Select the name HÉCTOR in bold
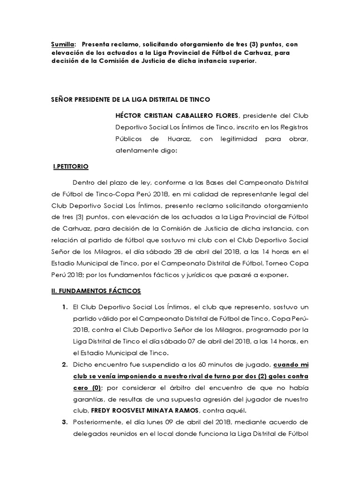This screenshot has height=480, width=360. point(131,115)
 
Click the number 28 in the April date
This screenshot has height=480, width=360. point(175,251)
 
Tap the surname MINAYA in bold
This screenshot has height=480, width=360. point(173,410)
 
